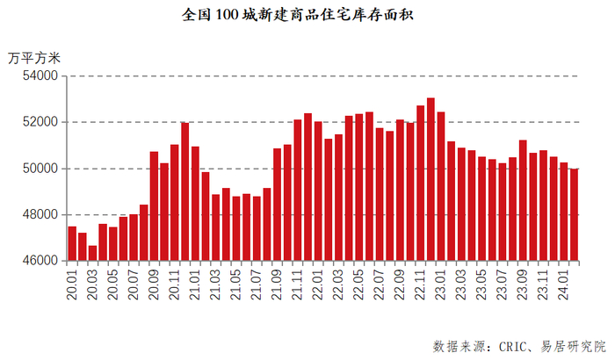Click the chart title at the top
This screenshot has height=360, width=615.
(x=307, y=16)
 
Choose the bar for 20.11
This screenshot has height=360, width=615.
(x=175, y=203)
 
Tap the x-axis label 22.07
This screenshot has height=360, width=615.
(x=380, y=284)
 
